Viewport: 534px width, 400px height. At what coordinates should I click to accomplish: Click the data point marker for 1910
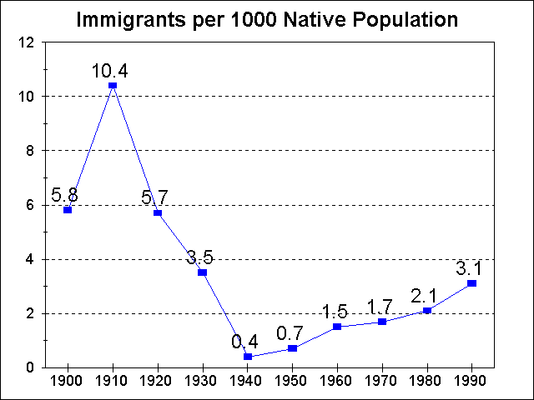113,85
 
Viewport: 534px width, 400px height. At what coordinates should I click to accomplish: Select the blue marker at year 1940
247,357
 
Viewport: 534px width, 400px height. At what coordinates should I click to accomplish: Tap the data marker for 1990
472,283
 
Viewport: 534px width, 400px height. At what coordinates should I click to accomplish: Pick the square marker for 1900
68,210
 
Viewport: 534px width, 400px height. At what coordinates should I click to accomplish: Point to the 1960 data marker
337,327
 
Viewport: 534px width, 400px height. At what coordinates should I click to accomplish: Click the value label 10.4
113,68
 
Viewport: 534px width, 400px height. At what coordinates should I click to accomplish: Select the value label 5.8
66,194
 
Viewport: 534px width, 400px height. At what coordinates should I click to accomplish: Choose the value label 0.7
292,332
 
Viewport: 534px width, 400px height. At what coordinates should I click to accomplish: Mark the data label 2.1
426,295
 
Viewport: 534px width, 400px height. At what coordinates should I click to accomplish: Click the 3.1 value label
471,268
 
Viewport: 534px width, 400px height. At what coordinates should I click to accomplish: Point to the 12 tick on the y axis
28,42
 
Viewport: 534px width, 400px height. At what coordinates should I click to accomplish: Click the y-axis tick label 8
31,151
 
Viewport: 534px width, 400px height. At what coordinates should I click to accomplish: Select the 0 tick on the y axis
31,367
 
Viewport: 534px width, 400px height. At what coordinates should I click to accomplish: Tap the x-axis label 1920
157,382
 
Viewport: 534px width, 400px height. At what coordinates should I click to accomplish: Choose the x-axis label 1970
382,382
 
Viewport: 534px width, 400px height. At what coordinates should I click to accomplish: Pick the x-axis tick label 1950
292,382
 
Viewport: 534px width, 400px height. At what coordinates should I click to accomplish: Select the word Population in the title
410,19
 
